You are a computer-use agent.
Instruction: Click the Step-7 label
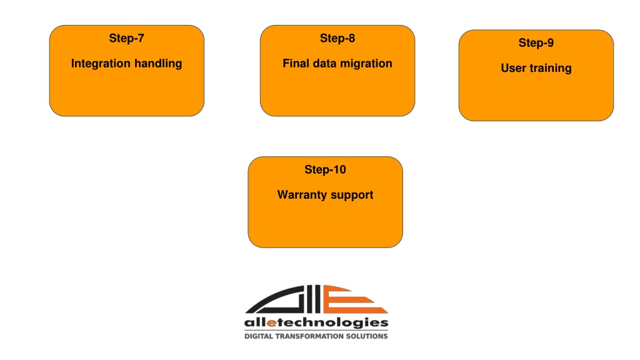[126, 39]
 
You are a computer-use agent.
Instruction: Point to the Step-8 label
[337, 39]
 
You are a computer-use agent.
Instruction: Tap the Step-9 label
[536, 43]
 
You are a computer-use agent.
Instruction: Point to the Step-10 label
[325, 170]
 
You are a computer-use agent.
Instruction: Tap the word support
[352, 196]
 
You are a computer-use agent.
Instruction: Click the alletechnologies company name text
[316, 323]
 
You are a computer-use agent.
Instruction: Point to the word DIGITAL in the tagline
[259, 336]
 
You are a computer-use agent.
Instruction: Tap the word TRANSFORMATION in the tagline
[309, 336]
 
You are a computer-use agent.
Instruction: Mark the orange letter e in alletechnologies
[272, 323]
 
